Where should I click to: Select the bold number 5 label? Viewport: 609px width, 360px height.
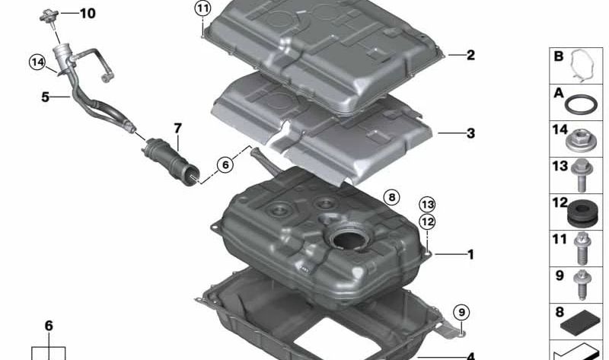(45, 97)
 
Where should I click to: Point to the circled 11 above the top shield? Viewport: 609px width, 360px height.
(201, 9)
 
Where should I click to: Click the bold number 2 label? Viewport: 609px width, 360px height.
(470, 55)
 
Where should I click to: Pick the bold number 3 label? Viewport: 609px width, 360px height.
(470, 134)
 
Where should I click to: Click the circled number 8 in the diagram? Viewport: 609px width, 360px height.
(391, 198)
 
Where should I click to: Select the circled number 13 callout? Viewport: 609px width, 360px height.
(427, 204)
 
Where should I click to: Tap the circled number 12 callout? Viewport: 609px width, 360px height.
(427, 221)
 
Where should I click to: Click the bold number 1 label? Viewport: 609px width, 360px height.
(470, 254)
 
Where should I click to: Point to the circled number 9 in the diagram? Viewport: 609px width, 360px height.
(461, 311)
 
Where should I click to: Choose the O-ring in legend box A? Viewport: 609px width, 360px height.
(582, 103)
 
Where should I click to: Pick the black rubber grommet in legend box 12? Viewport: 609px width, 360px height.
(582, 212)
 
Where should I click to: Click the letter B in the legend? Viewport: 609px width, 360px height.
(558, 56)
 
